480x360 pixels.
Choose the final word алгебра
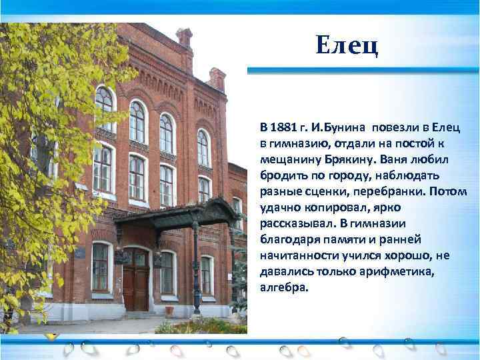tap(285, 287)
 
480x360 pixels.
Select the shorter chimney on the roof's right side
tap(217, 79)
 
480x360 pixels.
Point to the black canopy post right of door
tap(195, 267)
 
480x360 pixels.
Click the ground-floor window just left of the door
tap(100, 267)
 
